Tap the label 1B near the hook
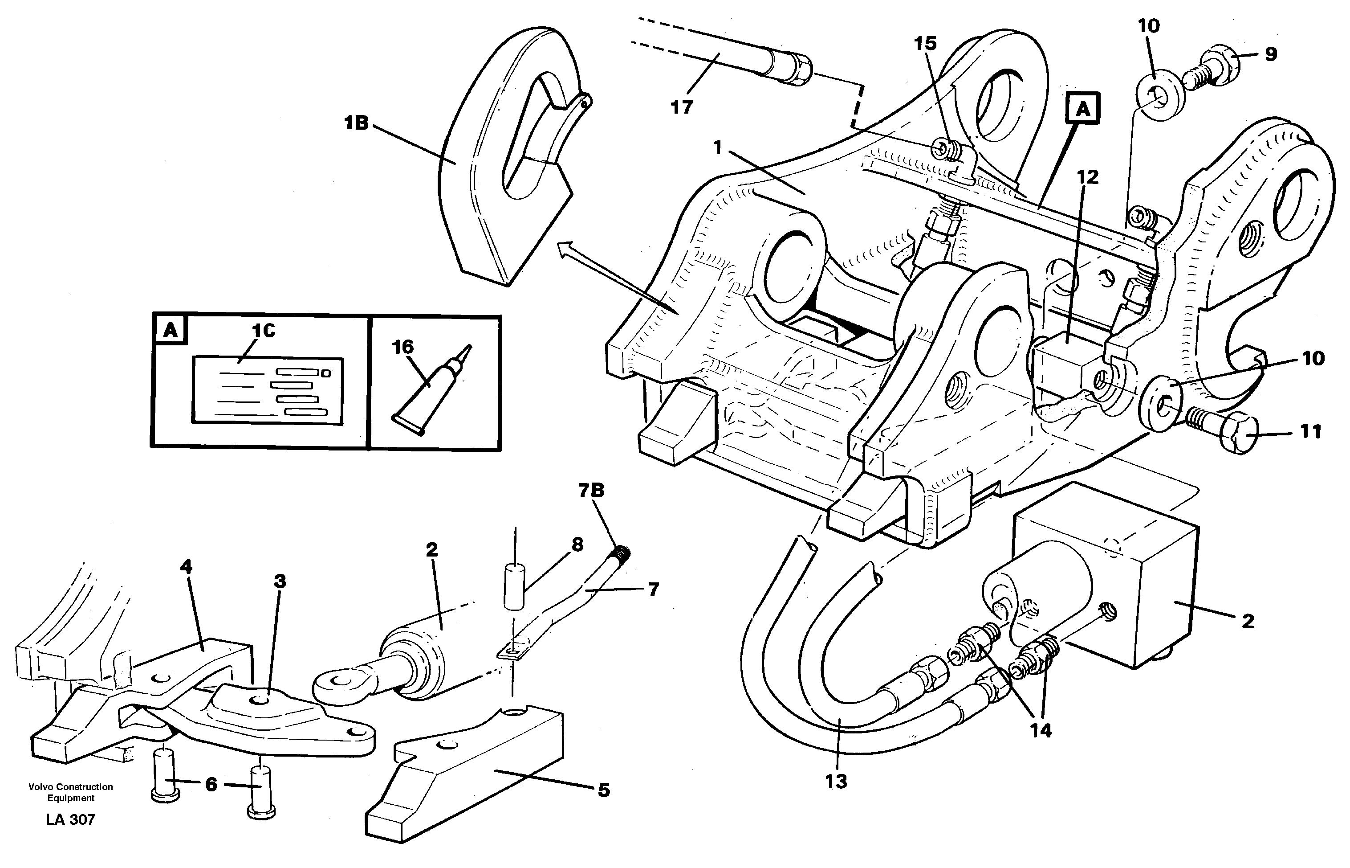click(357, 122)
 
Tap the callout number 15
click(925, 43)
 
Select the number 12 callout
click(1088, 177)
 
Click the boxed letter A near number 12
click(1082, 109)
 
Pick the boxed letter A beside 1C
click(170, 330)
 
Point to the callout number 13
click(836, 781)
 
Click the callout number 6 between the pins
click(211, 784)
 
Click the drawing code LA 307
click(70, 819)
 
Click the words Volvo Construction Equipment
click(70, 792)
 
